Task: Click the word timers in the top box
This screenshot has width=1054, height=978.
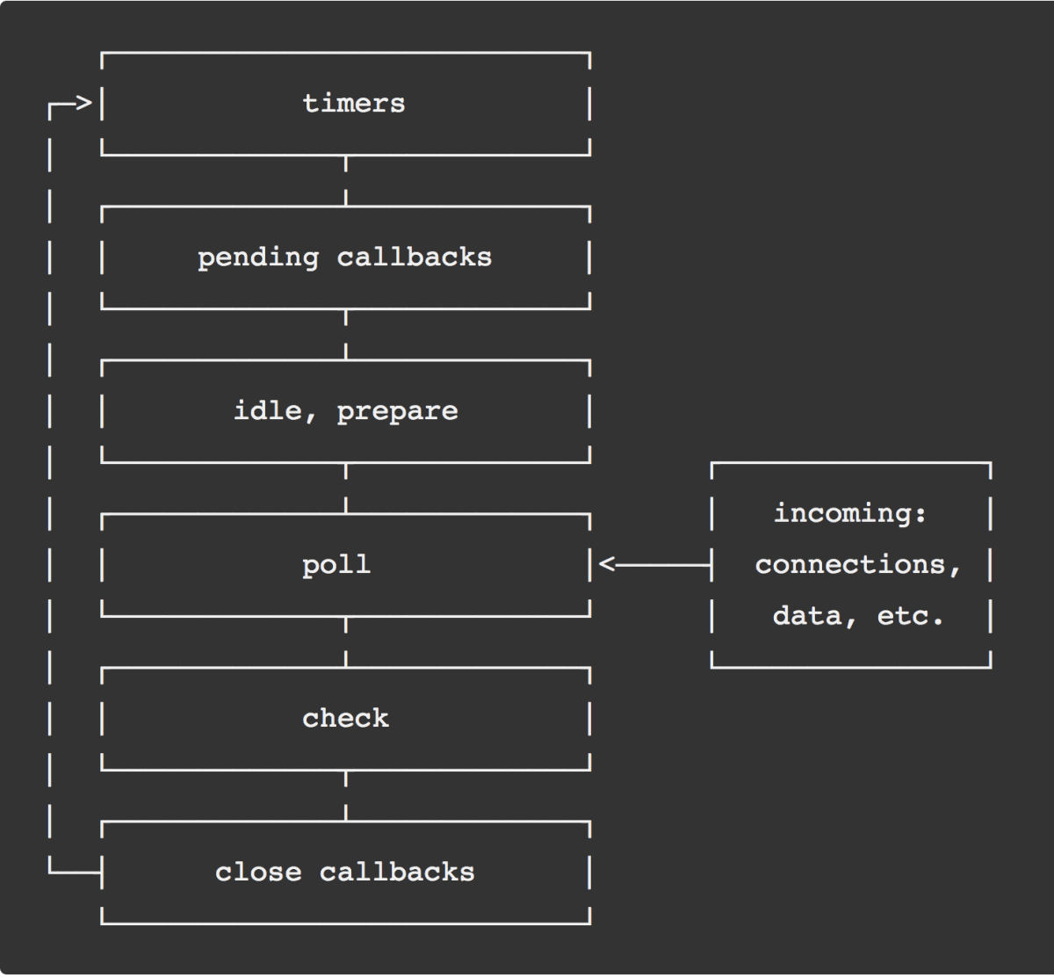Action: click(x=354, y=104)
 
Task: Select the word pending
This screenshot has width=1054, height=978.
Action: click(x=258, y=257)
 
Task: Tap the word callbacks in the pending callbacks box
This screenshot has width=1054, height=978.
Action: click(x=415, y=257)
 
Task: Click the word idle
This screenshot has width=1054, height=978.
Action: click(x=267, y=411)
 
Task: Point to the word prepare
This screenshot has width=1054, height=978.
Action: click(x=397, y=411)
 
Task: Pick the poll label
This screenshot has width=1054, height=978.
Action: click(x=336, y=565)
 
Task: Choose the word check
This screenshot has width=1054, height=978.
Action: click(x=345, y=719)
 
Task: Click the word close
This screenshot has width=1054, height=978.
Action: click(x=258, y=873)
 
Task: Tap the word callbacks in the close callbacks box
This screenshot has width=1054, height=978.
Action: click(x=397, y=873)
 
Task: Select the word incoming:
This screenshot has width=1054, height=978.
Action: click(x=850, y=513)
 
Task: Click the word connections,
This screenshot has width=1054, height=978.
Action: click(x=858, y=564)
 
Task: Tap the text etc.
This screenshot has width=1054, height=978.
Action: click(x=910, y=616)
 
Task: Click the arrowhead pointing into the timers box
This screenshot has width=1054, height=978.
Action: click(x=83, y=105)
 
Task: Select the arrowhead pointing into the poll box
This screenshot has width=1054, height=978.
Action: click(x=607, y=565)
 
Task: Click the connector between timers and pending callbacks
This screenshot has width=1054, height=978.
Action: click(x=346, y=181)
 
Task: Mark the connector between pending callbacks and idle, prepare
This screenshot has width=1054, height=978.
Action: click(x=346, y=335)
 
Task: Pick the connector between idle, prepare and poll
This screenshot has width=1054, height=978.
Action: click(x=346, y=489)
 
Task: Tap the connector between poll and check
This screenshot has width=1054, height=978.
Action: click(x=346, y=642)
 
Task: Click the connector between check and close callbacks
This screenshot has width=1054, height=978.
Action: click(x=346, y=796)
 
